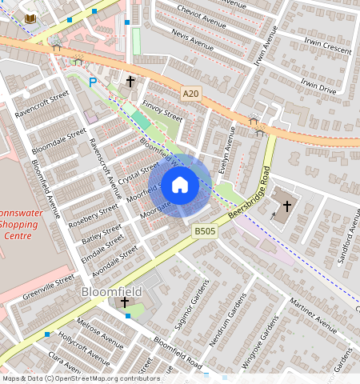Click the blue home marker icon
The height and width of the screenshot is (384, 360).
click(x=180, y=186)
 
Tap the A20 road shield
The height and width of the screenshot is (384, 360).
click(x=190, y=94)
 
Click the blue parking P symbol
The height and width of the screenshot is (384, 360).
click(x=93, y=82)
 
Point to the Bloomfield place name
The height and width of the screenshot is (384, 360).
click(x=114, y=293)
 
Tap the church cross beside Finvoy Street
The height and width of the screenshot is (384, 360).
click(x=130, y=81)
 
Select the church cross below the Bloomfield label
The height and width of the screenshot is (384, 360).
click(x=124, y=302)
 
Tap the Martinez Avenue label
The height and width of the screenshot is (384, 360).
click(x=314, y=313)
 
